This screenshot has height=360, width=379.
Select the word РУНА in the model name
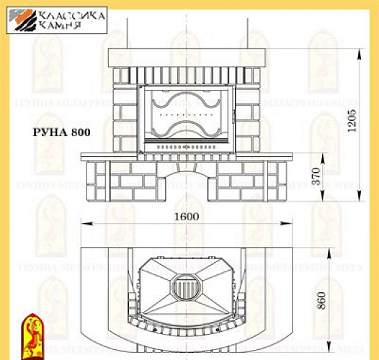pos(50,132)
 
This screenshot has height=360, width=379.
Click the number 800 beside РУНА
pos(81,132)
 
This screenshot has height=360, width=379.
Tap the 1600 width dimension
pos(187,215)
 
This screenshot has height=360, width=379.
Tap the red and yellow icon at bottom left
pos(32,336)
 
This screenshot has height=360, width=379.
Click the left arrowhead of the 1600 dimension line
pos(83,225)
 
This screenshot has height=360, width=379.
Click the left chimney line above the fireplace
pos(131,22)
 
